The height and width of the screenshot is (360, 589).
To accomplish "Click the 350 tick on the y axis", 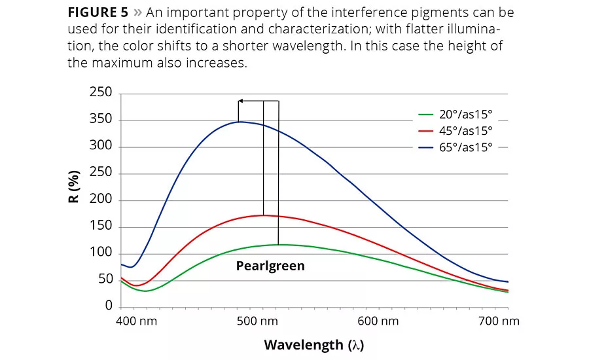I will click(101, 120).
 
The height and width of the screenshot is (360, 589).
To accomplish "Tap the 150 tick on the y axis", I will click(101, 226).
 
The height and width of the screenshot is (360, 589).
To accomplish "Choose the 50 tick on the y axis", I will click(104, 280).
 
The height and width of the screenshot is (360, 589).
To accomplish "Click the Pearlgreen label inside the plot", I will click(270, 266).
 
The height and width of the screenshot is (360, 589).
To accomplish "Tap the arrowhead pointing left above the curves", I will click(240, 101).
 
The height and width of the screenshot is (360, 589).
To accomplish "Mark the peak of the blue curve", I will click(240, 122).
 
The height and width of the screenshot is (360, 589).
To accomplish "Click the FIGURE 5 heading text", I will click(97, 13).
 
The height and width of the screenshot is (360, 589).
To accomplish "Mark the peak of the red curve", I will click(263, 215).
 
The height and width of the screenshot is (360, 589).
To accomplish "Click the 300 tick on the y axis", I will click(101, 147).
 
